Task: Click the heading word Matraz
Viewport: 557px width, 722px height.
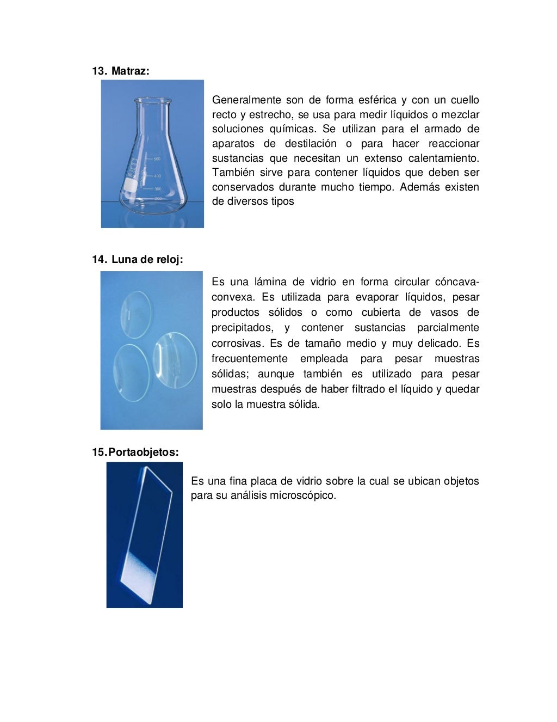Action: (x=130, y=71)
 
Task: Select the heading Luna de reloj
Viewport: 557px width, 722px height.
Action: (x=147, y=260)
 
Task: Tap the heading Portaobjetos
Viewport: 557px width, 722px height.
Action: (x=144, y=452)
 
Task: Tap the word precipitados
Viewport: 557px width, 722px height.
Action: (x=242, y=328)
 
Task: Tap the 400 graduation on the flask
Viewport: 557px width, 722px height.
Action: (x=157, y=176)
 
